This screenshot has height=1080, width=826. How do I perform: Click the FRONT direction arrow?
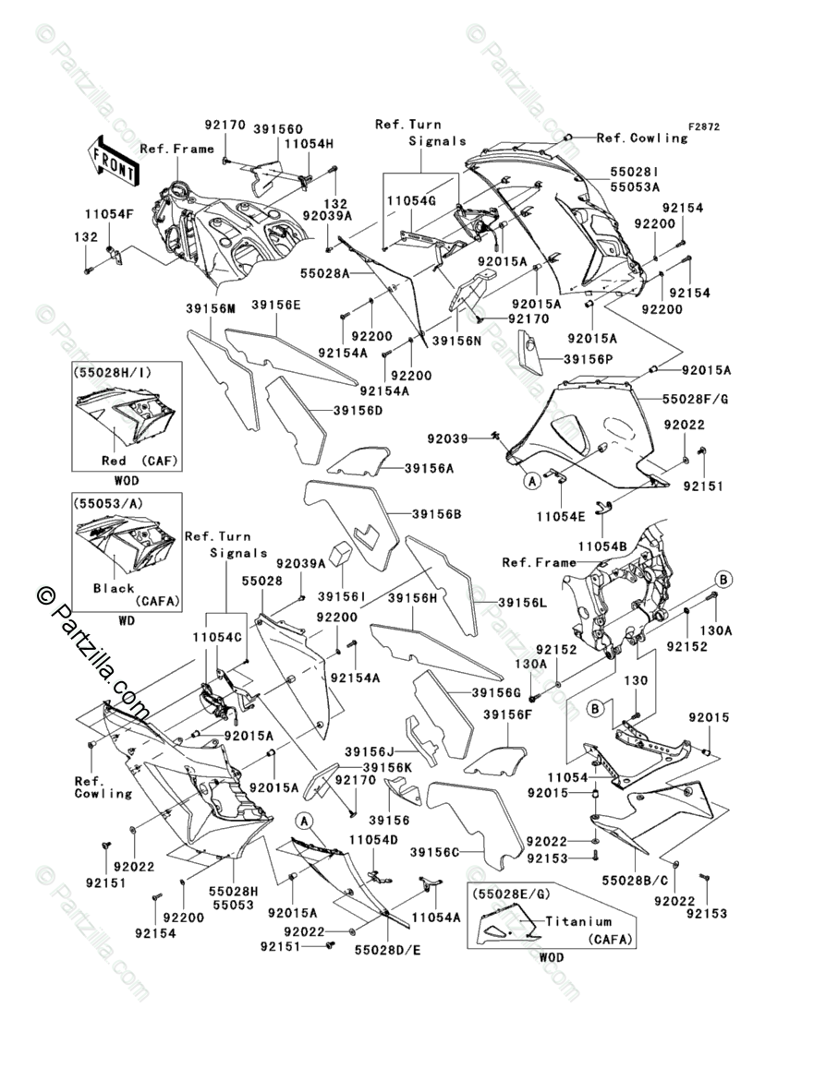(x=115, y=158)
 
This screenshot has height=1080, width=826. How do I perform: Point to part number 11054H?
(x=309, y=144)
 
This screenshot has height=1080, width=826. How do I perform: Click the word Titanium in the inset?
(x=578, y=921)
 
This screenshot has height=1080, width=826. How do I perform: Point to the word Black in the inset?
(x=114, y=588)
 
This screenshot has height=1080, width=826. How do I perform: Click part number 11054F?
(x=111, y=214)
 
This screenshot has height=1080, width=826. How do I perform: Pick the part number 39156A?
(x=430, y=468)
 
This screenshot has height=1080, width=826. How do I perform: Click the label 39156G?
(x=496, y=692)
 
